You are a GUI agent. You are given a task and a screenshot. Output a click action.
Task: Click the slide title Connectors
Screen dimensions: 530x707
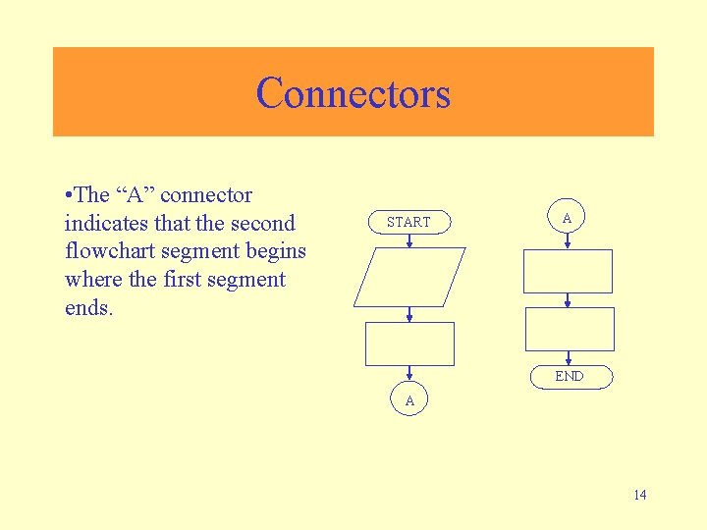[353, 93]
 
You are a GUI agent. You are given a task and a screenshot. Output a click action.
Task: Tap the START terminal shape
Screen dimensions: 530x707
[408, 222]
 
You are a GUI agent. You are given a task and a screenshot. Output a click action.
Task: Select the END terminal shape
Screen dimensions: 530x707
[569, 376]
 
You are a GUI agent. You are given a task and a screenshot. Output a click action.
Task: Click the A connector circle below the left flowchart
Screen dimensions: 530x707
[409, 400]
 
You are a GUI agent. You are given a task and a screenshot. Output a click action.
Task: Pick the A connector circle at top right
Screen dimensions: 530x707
[567, 218]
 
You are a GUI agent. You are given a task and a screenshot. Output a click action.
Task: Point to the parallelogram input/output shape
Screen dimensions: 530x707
[409, 277]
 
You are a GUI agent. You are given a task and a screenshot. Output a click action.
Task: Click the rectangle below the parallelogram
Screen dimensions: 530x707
[409, 344]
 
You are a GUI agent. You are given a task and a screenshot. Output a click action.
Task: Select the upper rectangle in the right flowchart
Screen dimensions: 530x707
[568, 271]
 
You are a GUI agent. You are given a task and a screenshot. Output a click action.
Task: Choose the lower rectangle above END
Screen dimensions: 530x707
[570, 329]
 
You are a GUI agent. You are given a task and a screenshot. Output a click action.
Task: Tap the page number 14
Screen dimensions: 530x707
[639, 495]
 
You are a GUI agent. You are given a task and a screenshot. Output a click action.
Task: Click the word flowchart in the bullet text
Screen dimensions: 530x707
[108, 251]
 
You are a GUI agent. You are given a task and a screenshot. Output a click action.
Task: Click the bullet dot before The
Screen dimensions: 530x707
[68, 195]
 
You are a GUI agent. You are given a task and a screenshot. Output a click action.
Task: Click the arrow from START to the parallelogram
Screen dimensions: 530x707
[409, 240]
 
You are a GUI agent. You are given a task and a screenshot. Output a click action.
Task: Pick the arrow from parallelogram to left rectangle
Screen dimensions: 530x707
[409, 314]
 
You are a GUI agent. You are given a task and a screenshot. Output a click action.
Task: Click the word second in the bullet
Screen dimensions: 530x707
[260, 223]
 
